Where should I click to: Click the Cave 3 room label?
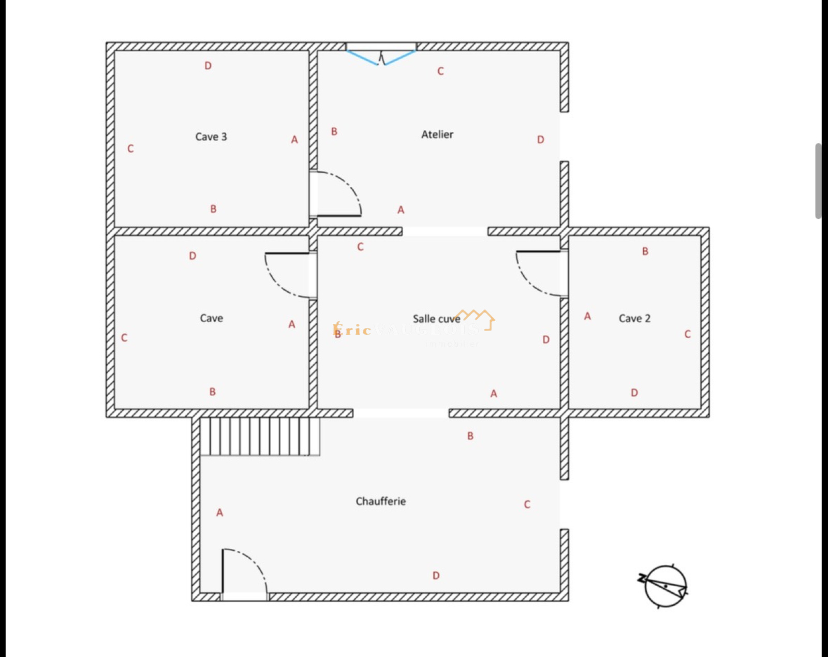211,137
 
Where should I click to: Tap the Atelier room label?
437,135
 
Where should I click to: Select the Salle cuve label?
436,319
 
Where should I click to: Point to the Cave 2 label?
634,318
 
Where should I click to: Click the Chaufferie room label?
380,501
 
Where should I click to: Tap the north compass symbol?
664,586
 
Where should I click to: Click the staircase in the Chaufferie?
259,436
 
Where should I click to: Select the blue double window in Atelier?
381,56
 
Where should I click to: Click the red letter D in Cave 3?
208,66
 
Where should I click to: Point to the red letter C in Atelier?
440,71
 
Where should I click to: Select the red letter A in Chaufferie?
220,513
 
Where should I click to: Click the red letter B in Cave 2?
645,251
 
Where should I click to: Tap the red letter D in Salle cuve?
546,339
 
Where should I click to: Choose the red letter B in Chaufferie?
470,436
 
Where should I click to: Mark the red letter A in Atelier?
401,210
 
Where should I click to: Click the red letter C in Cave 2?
687,334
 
